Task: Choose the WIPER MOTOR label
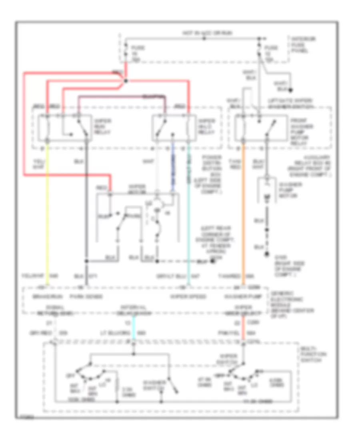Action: pyautogui.click(x=136, y=188)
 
